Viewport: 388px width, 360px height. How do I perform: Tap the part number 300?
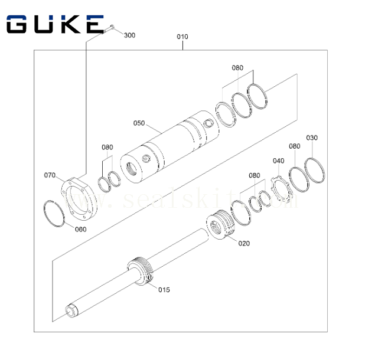click(x=129, y=35)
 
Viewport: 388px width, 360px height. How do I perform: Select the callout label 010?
click(x=182, y=37)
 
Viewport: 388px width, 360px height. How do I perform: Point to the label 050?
click(x=139, y=123)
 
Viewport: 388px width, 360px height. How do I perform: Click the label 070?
click(x=50, y=175)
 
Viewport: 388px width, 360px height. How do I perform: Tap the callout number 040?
click(x=278, y=161)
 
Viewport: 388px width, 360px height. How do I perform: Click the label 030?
click(x=312, y=138)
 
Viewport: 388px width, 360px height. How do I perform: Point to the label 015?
click(x=164, y=289)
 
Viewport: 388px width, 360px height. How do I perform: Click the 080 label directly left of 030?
click(x=295, y=146)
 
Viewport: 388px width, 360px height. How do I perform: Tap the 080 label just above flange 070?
click(x=106, y=147)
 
